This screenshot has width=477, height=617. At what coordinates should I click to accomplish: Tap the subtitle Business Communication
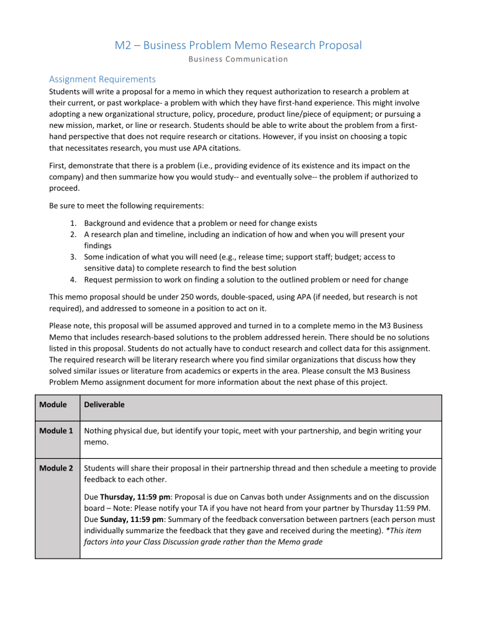click(x=238, y=60)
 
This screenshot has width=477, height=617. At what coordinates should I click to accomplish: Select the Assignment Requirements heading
click(x=102, y=79)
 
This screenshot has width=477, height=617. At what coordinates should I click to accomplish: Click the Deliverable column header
click(x=109, y=405)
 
